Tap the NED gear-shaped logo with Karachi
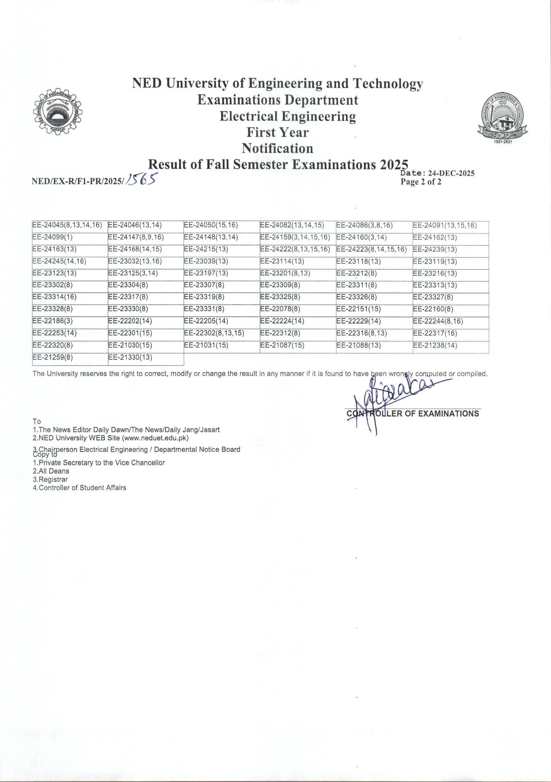click(58, 111)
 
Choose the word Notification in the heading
click(278, 148)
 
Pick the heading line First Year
click(278, 132)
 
